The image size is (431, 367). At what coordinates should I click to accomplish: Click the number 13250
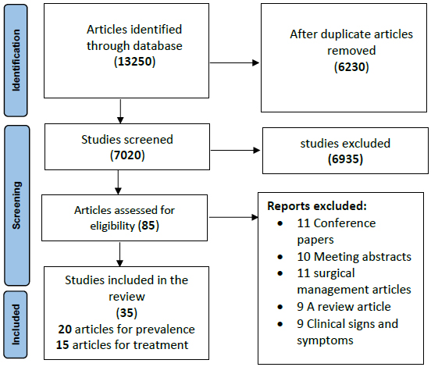pos(134,62)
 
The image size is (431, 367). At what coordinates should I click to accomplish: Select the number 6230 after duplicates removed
pos(351,67)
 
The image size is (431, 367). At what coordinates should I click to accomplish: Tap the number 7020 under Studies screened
pos(127,155)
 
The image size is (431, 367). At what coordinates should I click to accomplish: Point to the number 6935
pos(345,159)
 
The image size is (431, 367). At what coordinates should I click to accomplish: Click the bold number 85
pos(148,226)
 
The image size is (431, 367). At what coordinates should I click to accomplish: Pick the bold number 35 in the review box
pos(126,313)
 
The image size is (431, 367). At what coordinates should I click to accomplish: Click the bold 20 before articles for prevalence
pos(65,330)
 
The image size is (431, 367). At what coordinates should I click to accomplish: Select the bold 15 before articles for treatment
pos(62,345)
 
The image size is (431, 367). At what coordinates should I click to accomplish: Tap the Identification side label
pos(16,60)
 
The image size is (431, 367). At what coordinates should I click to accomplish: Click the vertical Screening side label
pos(16,205)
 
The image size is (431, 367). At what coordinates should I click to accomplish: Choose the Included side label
pos(16,324)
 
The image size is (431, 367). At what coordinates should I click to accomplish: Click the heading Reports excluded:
pos(317,206)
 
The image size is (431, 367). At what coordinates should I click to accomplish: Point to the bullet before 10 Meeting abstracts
pos(280,257)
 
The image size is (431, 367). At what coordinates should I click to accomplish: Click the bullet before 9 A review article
pos(280,307)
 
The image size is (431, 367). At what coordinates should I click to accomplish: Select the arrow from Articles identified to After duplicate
pos(234,63)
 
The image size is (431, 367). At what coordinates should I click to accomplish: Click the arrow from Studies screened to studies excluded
pos(235,150)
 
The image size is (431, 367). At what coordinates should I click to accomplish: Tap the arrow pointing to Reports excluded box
pos(233,217)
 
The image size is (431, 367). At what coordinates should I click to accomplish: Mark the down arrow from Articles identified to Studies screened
pos(120,112)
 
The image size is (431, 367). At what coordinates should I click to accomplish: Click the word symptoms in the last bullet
pos(325,341)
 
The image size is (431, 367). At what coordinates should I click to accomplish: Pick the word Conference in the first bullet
pos(344,223)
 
